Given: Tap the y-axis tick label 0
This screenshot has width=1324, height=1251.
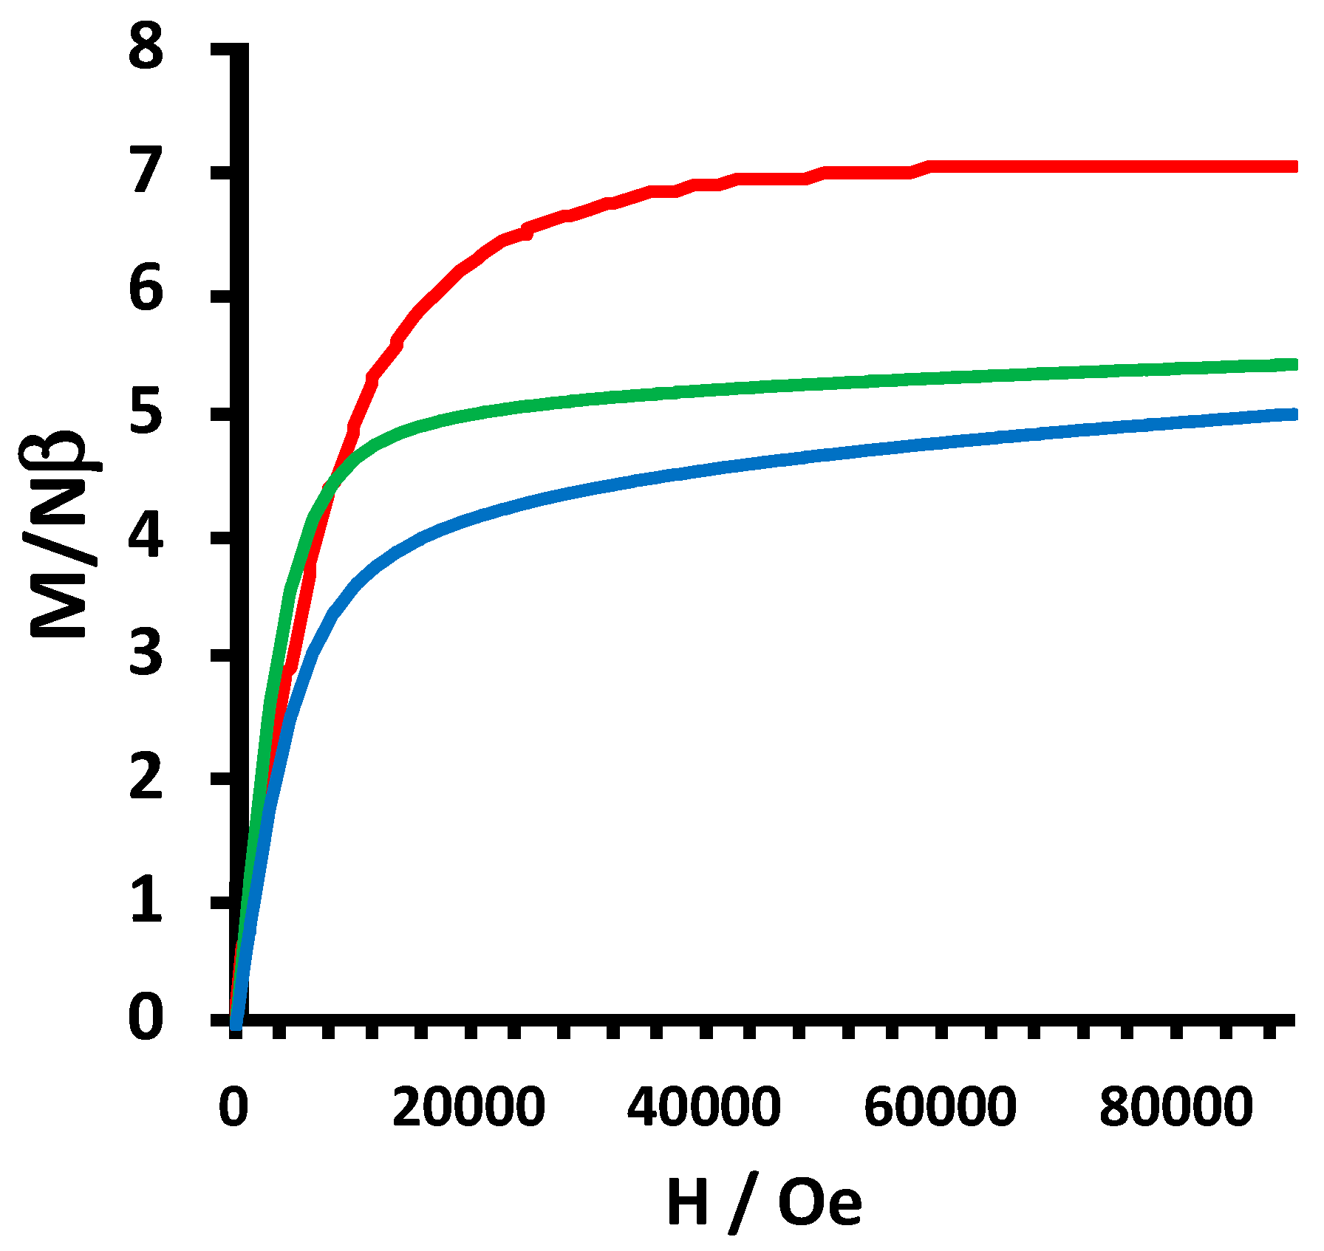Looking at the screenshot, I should tap(146, 1020).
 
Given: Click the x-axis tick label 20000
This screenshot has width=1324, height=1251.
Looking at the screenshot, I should tap(468, 1107).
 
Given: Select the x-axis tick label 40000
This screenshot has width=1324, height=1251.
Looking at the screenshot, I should tap(704, 1107).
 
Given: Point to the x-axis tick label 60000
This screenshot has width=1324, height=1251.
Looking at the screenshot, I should tap(940, 1107).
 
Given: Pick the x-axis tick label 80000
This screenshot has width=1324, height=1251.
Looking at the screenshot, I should tap(1175, 1107).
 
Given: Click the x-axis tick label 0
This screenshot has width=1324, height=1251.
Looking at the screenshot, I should tap(233, 1107).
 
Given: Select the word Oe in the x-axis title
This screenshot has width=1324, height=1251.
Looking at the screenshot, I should tap(820, 1202).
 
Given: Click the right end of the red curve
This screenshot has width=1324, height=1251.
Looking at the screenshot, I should tap(1293, 167).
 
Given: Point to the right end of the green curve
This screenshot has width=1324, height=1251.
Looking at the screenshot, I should tap(1293, 364).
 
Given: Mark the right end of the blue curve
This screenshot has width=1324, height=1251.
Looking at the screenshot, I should tap(1293, 414).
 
